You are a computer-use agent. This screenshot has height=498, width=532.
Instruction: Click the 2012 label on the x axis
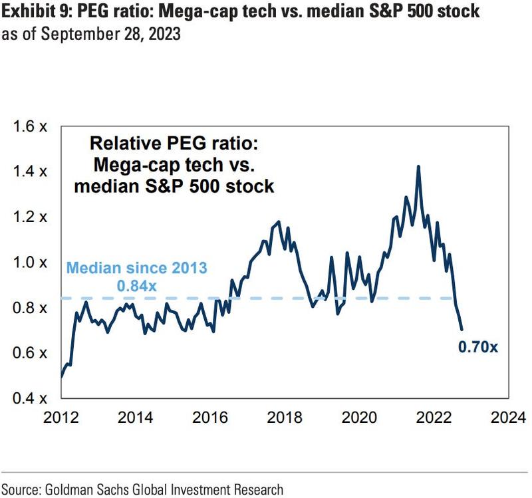[x=61, y=418]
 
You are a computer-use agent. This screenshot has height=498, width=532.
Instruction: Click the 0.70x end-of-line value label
[x=477, y=347]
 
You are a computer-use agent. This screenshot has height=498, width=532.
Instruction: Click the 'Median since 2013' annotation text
[x=136, y=268]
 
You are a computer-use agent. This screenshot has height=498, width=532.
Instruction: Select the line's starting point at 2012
[x=61, y=377]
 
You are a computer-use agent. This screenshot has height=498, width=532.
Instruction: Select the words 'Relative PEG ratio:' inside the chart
[x=174, y=143]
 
